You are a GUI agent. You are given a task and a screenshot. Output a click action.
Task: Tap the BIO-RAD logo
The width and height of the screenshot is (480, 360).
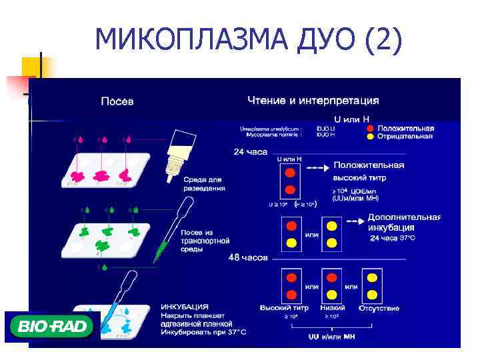[x=51, y=327]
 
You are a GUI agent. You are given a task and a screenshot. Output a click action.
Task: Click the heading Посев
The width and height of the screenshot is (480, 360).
[x=117, y=101]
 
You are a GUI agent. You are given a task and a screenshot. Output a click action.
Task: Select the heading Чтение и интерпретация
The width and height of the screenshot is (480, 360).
[x=313, y=101]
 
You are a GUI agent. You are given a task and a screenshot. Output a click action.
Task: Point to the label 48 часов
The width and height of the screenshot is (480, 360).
[x=248, y=257]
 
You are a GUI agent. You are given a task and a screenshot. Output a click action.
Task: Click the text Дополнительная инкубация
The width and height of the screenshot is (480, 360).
[x=403, y=223]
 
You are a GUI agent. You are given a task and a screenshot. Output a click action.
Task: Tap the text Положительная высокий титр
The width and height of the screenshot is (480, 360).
[x=369, y=171]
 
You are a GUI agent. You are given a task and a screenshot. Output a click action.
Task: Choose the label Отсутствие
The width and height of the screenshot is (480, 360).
[x=379, y=308]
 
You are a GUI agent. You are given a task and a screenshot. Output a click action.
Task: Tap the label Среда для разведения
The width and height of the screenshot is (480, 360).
[x=204, y=183]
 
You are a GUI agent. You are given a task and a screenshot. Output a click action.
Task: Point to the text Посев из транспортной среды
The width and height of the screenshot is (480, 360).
[x=205, y=240]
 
